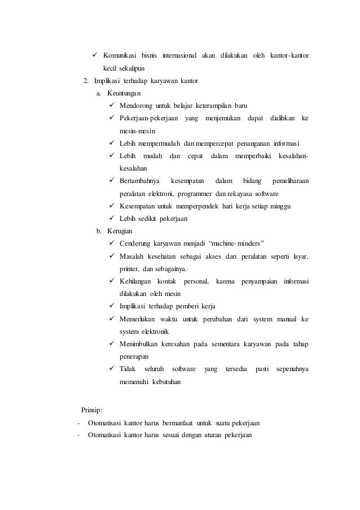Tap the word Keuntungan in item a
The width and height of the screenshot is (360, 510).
[x=124, y=93]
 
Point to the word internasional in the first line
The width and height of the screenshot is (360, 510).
[x=179, y=56]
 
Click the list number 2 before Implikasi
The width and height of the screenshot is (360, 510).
[x=85, y=80]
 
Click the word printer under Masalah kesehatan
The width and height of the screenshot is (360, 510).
[x=129, y=268]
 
